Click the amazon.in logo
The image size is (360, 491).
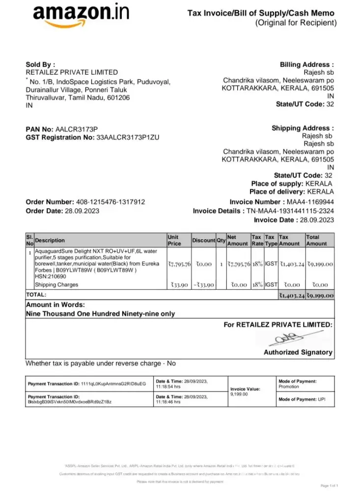coord(82,17)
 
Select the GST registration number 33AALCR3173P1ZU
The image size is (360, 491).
coord(128,138)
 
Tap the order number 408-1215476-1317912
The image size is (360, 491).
coord(111,202)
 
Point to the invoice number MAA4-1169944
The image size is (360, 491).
coord(309,202)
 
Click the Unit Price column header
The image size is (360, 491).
coord(174,240)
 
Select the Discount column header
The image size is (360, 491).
coord(203,240)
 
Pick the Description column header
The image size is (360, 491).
coord(50,240)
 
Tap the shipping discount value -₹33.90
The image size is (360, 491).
coord(202,285)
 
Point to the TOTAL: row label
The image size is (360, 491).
coord(36,295)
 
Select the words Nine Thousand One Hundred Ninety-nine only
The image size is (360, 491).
coord(100,314)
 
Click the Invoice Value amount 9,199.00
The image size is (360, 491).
coord(239,394)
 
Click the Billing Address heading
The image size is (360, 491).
coord(307,64)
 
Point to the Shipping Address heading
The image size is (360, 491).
coord(303,128)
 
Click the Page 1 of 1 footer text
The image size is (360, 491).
coord(329,485)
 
